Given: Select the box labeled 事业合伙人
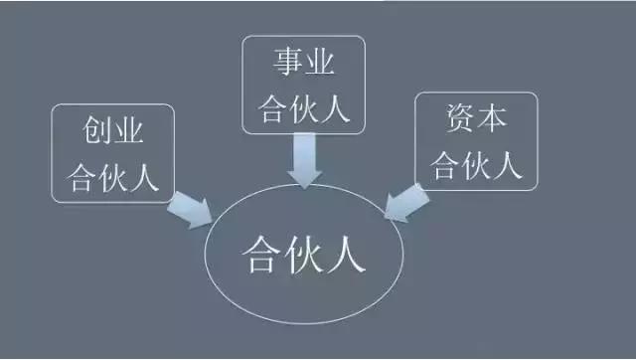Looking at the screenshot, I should pos(303,85).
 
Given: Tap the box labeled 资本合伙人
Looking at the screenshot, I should pos(476,141).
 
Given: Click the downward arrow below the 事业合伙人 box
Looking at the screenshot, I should pos(305,159).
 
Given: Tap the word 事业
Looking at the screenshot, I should pos(303,64).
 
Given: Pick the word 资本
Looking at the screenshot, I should pos(476,120).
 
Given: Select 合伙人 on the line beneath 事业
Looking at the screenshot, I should pos(303,107).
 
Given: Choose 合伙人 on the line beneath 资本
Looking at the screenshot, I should pos(476,164).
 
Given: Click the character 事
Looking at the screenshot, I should pos(287,64).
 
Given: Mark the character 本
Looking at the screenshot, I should pos(493,120).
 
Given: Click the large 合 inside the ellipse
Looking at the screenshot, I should pos(260,258).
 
